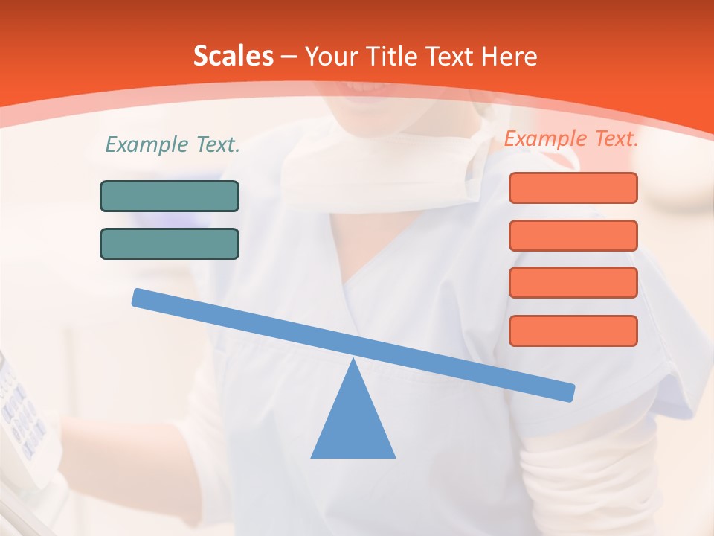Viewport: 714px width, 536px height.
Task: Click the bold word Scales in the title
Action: click(233, 57)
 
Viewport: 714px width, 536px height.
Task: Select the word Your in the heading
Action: click(329, 57)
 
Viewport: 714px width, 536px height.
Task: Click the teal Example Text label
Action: click(173, 145)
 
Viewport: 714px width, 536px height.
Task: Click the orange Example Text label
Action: click(571, 138)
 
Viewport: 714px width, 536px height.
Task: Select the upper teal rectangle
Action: click(170, 196)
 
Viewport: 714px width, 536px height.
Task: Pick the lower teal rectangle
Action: click(170, 243)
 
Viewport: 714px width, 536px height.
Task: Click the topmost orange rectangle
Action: click(573, 188)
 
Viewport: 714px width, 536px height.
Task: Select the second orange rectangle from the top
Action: click(573, 235)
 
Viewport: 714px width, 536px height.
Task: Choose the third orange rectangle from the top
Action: click(573, 282)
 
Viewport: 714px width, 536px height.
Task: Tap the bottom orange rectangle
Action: click(573, 331)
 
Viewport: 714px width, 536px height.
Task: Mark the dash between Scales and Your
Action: click(289, 57)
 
